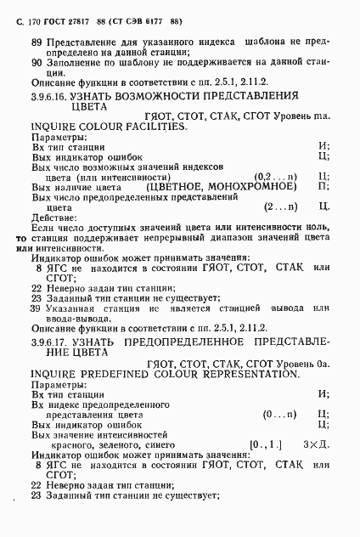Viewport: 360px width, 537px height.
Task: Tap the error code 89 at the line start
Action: point(37,40)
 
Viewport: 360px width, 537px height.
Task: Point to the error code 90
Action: point(37,62)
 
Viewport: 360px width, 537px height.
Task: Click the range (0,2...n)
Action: point(276,176)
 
